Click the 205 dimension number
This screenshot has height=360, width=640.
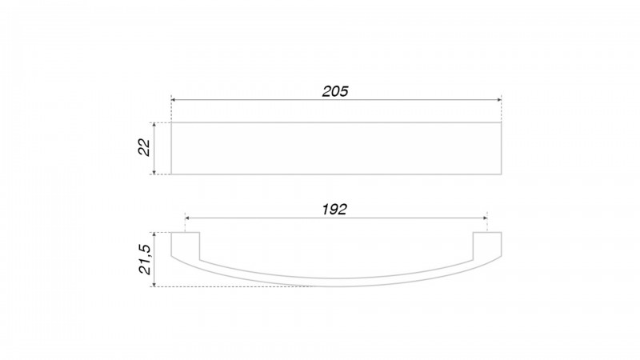(x=335, y=91)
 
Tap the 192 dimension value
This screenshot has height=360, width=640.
(x=334, y=210)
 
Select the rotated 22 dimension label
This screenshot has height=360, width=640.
(x=145, y=147)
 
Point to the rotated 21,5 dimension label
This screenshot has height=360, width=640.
(x=145, y=259)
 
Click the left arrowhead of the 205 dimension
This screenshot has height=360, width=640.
(x=174, y=99)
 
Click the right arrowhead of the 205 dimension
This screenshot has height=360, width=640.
(x=498, y=99)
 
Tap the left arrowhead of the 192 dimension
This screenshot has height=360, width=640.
(x=187, y=218)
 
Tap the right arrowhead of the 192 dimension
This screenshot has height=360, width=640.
(x=485, y=218)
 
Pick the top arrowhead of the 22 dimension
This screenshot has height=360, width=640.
(x=154, y=125)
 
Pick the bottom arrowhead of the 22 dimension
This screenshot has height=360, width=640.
(x=154, y=172)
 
